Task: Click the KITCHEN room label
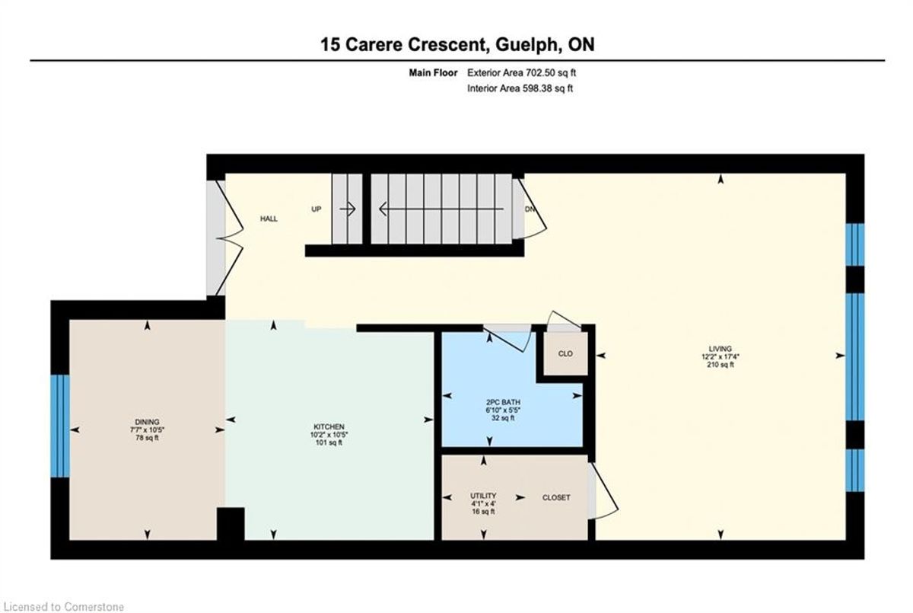click(329, 426)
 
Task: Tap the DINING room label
click(147, 422)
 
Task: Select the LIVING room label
click(720, 349)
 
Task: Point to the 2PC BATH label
click(503, 402)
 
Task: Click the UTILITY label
click(483, 496)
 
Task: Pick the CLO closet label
click(565, 353)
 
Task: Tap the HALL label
click(269, 219)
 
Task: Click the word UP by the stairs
click(317, 209)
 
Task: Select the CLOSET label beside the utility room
click(556, 497)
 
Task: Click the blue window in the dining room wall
click(60, 426)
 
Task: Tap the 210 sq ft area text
click(721, 365)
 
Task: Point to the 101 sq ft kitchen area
click(329, 442)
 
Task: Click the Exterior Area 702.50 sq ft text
click(521, 73)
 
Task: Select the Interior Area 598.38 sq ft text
click(520, 88)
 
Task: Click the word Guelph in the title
click(526, 44)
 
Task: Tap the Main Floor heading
click(433, 73)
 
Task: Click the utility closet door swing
click(603, 490)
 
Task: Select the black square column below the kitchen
click(231, 524)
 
